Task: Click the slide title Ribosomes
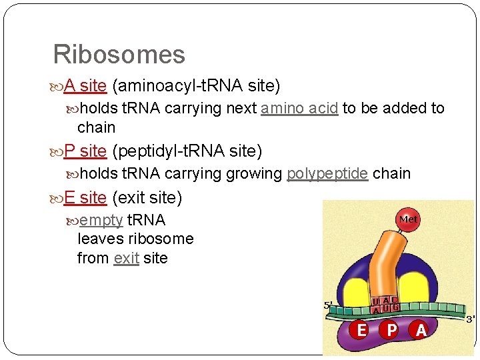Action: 119,54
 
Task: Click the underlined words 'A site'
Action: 85,86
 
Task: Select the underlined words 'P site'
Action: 85,151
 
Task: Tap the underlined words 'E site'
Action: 85,198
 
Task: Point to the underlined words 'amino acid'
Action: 299,109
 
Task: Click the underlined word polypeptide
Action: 327,174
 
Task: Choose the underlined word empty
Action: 101,221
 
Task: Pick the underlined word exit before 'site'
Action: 126,258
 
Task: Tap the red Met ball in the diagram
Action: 408,219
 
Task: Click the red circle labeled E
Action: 361,330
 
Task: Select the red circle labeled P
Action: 391,330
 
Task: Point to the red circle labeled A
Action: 420,330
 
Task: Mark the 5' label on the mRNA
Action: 328,306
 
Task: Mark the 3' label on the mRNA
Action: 470,319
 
